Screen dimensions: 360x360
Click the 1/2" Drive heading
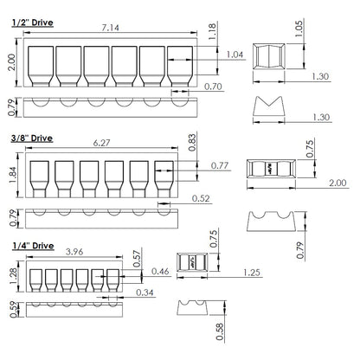[x=33, y=22]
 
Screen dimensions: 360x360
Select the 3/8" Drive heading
[x=32, y=138]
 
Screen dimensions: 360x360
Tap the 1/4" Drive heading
[x=33, y=246]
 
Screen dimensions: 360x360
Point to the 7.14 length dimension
[x=111, y=28]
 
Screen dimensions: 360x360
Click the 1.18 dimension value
[x=212, y=32]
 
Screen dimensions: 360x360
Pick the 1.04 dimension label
[x=235, y=55]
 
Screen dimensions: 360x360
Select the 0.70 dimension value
[x=213, y=87]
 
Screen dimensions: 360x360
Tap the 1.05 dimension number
[x=299, y=29]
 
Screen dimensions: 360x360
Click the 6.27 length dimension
[x=101, y=143]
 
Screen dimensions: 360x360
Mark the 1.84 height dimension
[x=13, y=175]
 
